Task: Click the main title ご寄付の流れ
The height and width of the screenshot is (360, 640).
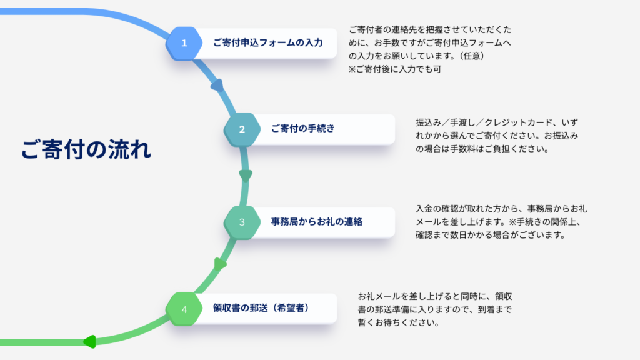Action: tap(86, 150)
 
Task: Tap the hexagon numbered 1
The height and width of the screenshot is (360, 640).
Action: tap(184, 43)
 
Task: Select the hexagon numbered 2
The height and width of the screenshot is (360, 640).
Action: tap(242, 129)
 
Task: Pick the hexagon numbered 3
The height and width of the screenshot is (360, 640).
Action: tap(242, 222)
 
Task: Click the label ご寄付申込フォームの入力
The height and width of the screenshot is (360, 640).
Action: tap(267, 43)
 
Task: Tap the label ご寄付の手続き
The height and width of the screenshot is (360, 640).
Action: tap(302, 129)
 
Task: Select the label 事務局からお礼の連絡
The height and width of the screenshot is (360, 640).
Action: tap(317, 222)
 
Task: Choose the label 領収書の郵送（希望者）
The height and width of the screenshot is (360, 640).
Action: tap(261, 309)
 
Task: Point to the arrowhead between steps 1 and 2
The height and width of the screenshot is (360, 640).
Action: tap(217, 86)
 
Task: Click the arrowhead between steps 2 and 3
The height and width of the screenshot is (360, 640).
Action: tap(246, 175)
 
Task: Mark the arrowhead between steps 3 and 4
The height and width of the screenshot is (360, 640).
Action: tap(219, 264)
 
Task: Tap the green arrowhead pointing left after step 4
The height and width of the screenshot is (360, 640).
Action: tap(89, 341)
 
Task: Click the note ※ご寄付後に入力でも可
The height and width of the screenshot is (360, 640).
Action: tap(395, 69)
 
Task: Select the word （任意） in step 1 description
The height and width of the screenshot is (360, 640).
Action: tap(466, 56)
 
